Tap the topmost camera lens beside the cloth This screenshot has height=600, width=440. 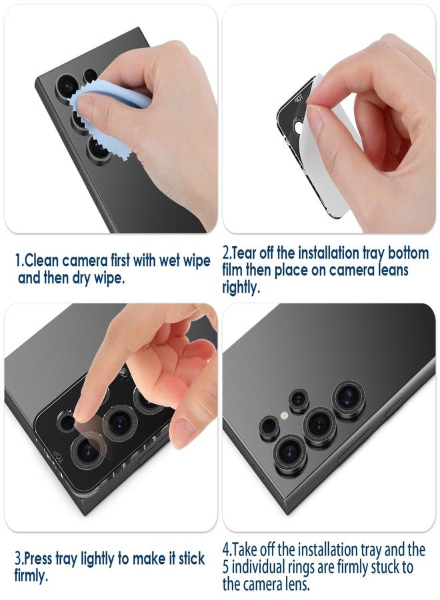point(67,85)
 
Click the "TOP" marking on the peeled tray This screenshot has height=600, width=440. point(299,97)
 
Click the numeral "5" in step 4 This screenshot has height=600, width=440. point(227,567)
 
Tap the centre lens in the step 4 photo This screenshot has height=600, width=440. point(319,423)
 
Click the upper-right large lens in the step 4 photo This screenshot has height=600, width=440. point(349,396)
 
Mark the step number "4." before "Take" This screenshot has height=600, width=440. point(227,551)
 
